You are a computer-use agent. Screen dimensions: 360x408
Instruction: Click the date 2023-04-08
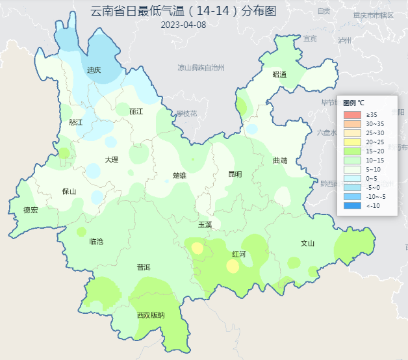(183, 25)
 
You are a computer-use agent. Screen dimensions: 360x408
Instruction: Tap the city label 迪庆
(94, 70)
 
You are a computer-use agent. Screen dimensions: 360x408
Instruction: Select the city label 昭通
(279, 75)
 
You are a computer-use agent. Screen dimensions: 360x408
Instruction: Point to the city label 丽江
(136, 111)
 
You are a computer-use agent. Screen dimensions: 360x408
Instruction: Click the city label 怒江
(76, 122)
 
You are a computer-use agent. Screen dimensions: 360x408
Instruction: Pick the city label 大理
(112, 159)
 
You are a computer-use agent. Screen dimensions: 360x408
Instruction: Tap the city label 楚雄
(179, 175)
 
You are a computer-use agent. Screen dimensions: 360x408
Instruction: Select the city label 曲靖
(280, 160)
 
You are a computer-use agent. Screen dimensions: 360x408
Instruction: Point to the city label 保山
(69, 191)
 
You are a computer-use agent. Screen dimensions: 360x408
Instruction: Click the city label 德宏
(31, 210)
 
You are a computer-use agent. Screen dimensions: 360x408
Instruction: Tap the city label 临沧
(96, 241)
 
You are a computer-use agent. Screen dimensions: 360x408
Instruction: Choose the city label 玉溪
(205, 224)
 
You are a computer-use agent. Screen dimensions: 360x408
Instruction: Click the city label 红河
(238, 254)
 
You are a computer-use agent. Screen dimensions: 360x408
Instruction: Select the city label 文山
(307, 244)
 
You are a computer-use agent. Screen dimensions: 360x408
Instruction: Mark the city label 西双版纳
(151, 316)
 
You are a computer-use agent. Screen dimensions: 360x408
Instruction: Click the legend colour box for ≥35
(351, 115)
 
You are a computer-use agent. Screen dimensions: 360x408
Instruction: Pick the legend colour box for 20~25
(351, 142)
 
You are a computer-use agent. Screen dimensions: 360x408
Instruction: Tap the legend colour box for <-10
(351, 205)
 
